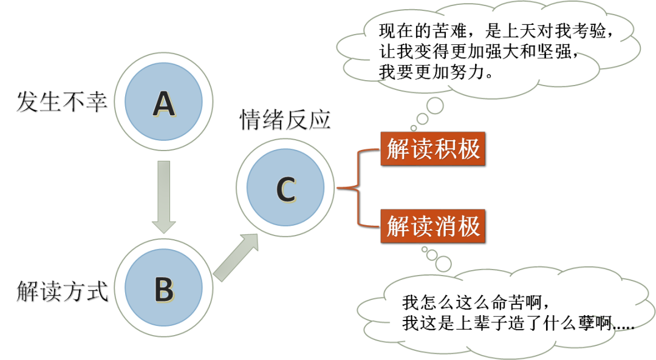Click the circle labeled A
163,104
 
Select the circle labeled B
163,288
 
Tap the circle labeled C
285,189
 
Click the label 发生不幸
62,101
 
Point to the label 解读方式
62,291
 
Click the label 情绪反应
285,120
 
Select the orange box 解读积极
433,149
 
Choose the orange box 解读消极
433,226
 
